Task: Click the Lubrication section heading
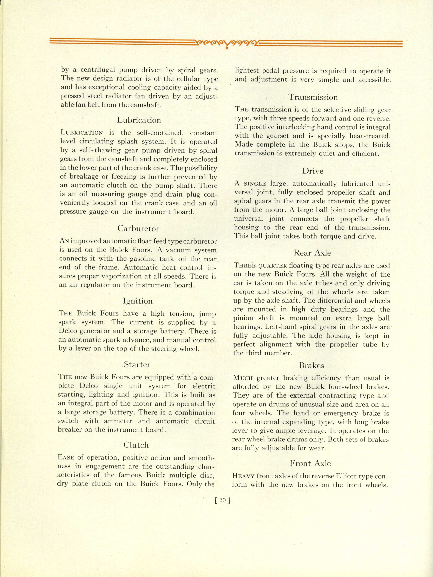139,120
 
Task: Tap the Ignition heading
138,301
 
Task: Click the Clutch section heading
136,445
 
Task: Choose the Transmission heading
313,97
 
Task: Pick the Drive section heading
313,171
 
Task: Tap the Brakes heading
311,366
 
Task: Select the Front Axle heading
310,463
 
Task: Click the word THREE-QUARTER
260,266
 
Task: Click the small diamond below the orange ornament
227,48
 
